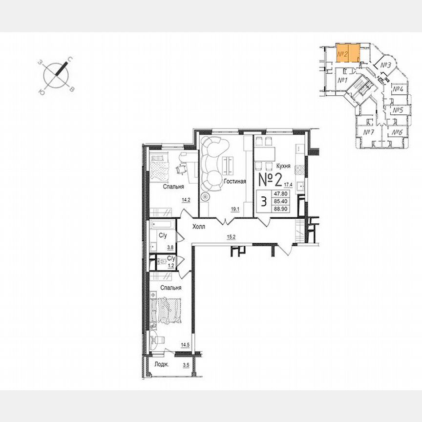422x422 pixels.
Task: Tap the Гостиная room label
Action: tap(234, 181)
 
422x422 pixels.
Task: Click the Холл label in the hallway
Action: tap(199, 227)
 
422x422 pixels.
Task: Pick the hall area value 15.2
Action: tap(231, 238)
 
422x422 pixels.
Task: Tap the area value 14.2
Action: tap(186, 200)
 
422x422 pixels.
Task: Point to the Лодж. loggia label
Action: tap(162, 365)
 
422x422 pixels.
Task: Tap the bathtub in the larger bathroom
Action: tap(163, 226)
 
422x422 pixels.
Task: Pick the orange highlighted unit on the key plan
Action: tap(348, 53)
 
